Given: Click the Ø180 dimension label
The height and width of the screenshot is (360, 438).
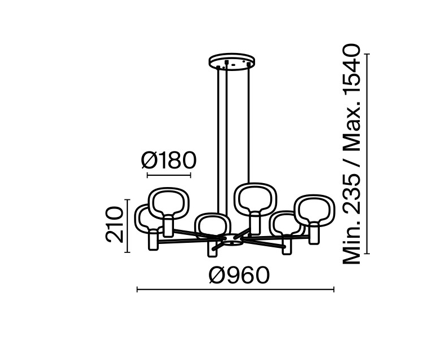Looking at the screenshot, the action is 169,161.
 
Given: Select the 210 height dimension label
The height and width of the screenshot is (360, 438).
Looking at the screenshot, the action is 114,224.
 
